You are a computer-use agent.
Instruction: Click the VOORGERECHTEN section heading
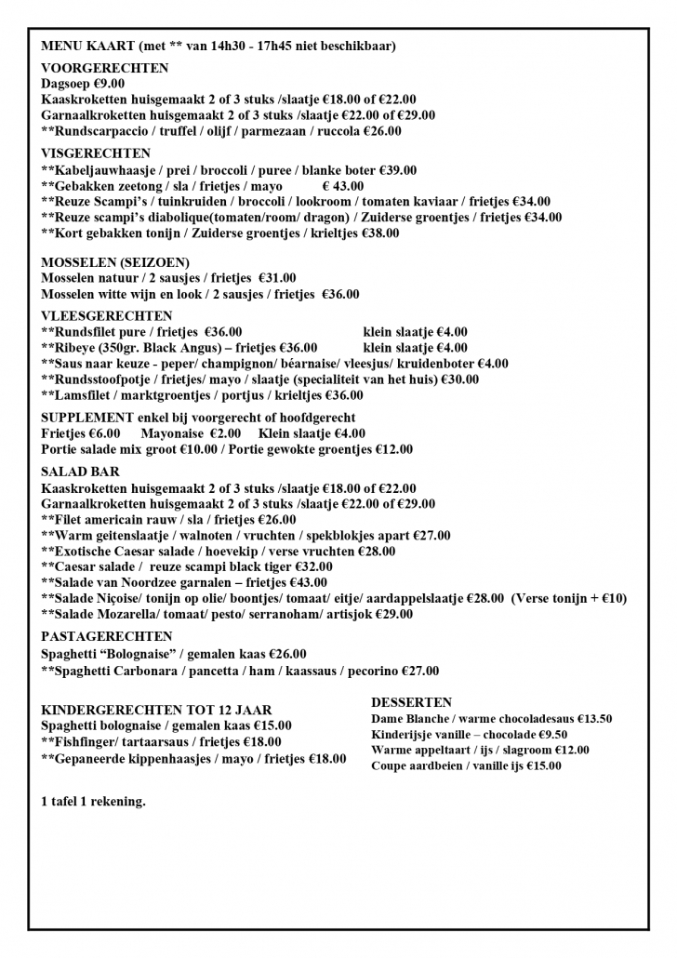tap(105, 68)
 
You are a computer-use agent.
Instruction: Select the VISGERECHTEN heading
tap(96, 153)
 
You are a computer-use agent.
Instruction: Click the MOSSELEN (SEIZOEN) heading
tap(115, 262)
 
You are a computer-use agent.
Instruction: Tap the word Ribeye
tap(77, 347)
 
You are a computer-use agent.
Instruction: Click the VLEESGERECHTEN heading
tap(107, 315)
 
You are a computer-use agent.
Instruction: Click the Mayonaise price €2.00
tap(223, 433)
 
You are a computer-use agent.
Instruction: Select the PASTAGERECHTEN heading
tap(107, 637)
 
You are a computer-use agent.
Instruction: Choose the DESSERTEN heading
tap(411, 702)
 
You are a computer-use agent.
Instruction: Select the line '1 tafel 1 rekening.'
tap(93, 801)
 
